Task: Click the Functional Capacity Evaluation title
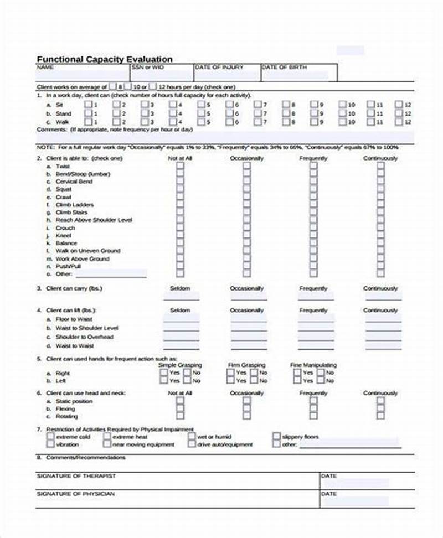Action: (x=105, y=59)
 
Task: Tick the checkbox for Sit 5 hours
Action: (x=201, y=105)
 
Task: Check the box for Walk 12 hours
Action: (x=399, y=122)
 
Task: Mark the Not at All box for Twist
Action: (x=180, y=166)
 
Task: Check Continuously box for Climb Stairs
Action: (x=380, y=212)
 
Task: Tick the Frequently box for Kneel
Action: (x=313, y=235)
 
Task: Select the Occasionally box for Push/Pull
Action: (x=246, y=266)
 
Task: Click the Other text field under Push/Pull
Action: (x=111, y=273)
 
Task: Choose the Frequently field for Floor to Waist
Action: (x=316, y=319)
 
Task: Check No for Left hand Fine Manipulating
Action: (x=321, y=381)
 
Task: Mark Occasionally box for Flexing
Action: (x=246, y=408)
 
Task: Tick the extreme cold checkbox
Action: (x=51, y=437)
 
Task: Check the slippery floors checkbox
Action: (x=276, y=437)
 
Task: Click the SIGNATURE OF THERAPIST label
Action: (x=76, y=476)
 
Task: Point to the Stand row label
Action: (x=63, y=113)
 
